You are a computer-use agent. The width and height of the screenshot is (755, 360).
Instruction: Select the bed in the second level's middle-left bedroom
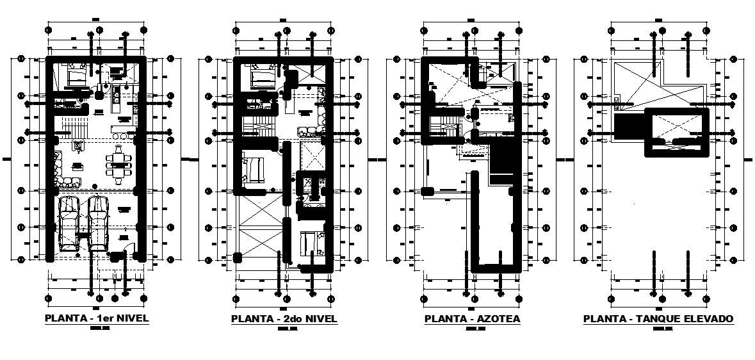click(x=253, y=170)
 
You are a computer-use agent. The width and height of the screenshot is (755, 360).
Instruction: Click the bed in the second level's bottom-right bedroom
click(x=312, y=243)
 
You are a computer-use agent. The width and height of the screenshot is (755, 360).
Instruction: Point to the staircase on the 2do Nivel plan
click(x=259, y=122)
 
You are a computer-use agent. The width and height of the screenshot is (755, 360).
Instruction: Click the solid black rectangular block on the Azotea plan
click(x=507, y=165)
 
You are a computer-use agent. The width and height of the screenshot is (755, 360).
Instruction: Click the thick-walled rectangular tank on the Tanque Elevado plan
click(x=679, y=133)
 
